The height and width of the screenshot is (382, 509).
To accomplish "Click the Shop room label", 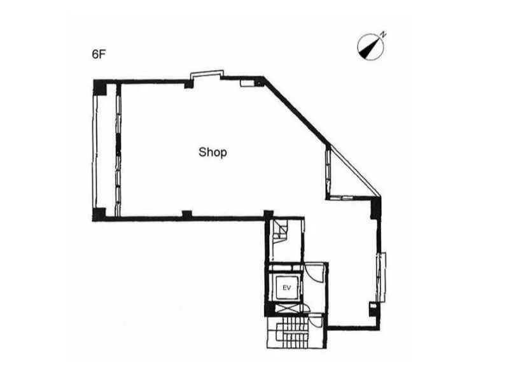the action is (x=213, y=152).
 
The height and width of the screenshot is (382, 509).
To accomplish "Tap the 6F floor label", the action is (x=99, y=54).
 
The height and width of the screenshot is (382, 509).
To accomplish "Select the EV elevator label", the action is (x=286, y=288).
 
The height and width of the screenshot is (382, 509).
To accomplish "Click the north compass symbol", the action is (x=370, y=46).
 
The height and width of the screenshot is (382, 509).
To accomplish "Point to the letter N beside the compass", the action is (x=384, y=34).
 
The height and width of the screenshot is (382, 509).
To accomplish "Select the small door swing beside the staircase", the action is (x=314, y=320).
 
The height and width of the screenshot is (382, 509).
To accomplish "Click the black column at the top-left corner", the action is (x=100, y=88).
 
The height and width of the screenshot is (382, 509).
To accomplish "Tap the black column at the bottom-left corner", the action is (x=99, y=214).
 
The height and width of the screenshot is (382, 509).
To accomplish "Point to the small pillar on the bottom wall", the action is (x=187, y=214).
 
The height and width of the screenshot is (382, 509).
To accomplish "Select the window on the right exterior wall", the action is (x=380, y=277).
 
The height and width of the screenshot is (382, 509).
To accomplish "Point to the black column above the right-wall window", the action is (x=375, y=208).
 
